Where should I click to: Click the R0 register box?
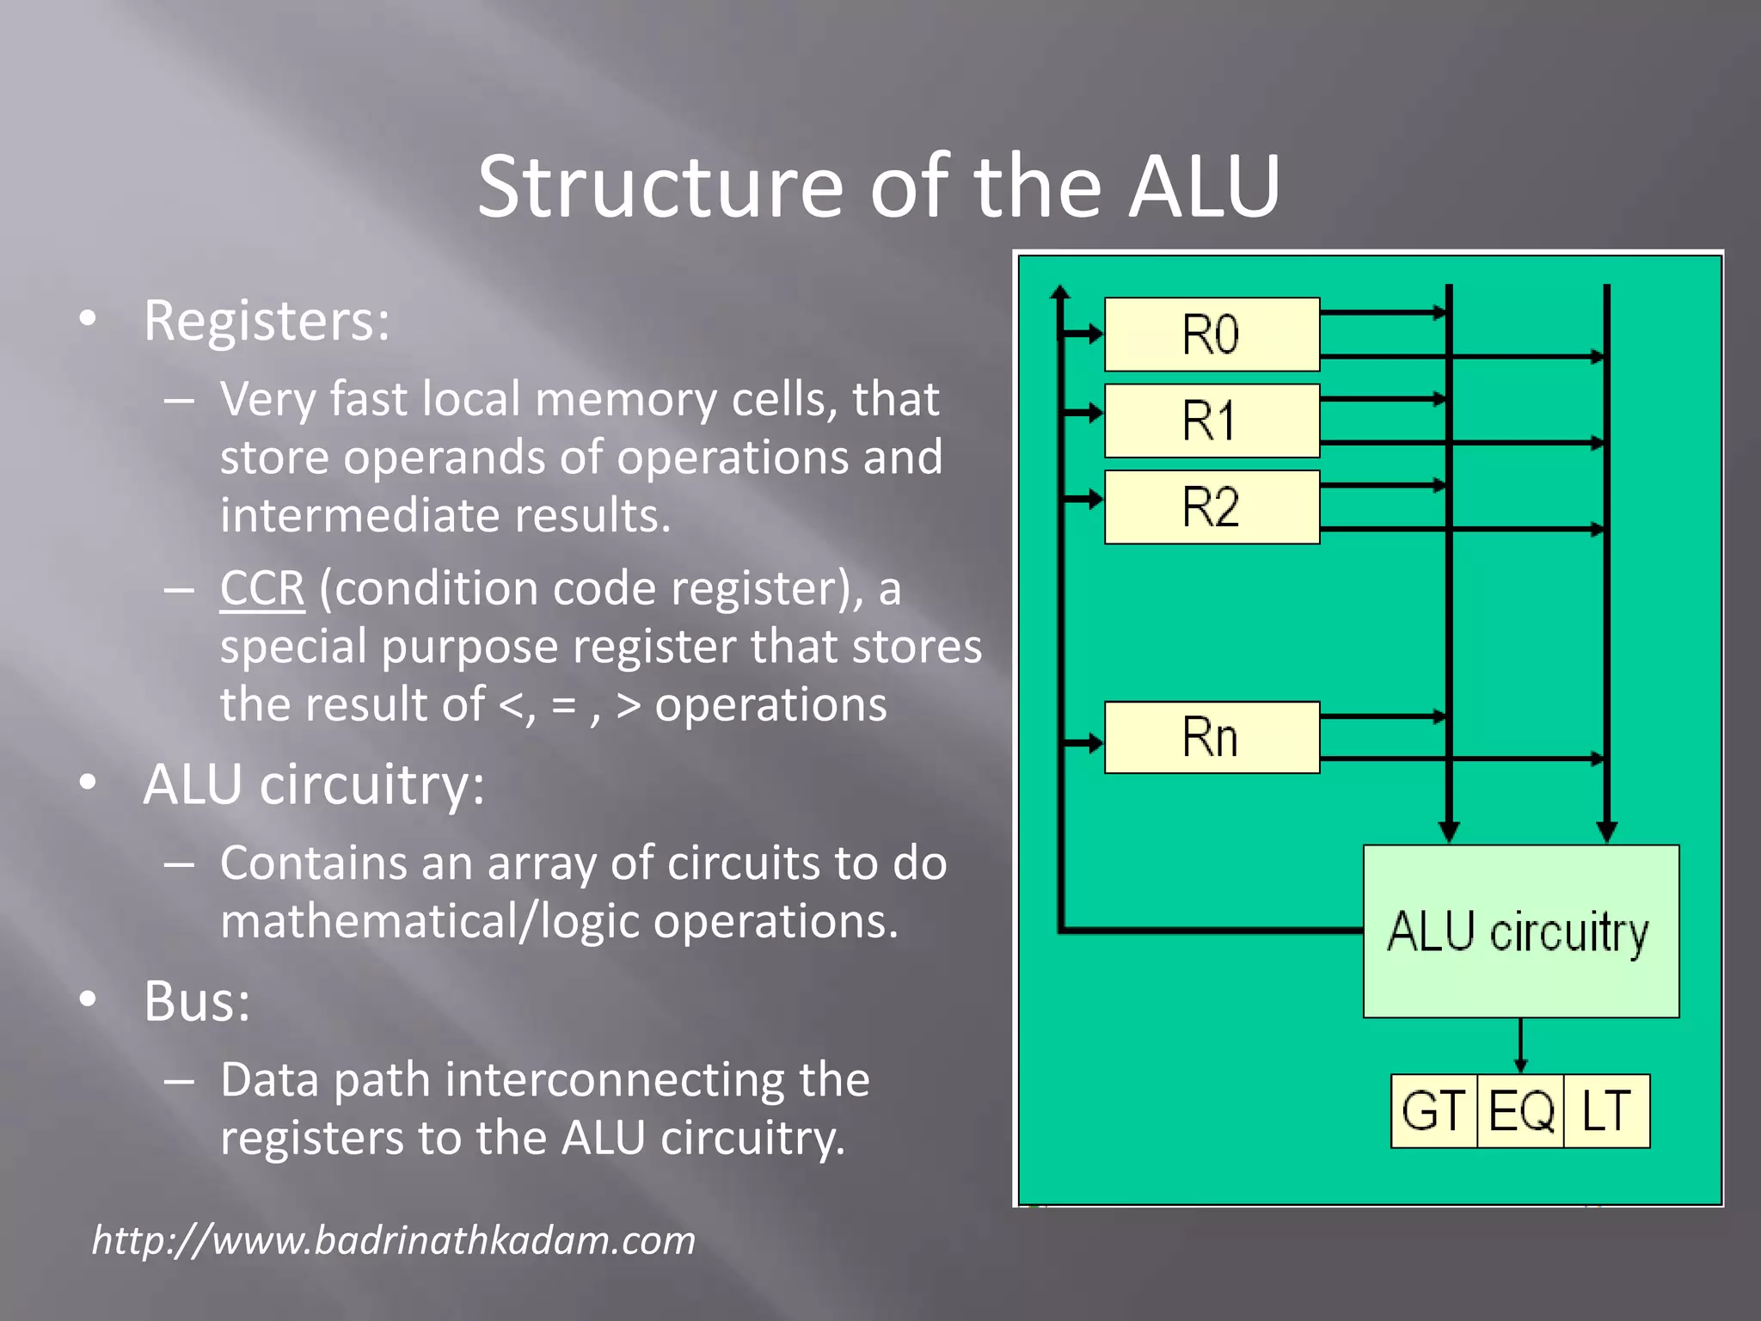1211,335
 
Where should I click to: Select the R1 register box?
1211,421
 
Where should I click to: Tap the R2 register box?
1211,507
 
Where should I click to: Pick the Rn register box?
1211,737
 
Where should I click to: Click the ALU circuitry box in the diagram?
1520,931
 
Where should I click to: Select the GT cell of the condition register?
1433,1110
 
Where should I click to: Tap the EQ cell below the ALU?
1520,1110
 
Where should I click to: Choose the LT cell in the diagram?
1606,1110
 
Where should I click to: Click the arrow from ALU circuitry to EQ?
1520,1046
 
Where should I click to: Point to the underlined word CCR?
261,589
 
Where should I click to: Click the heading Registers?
267,321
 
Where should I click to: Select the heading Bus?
197,1002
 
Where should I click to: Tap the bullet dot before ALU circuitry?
88,783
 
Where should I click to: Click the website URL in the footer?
394,1240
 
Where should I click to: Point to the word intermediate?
359,515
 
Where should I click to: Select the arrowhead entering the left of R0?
1095,334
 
